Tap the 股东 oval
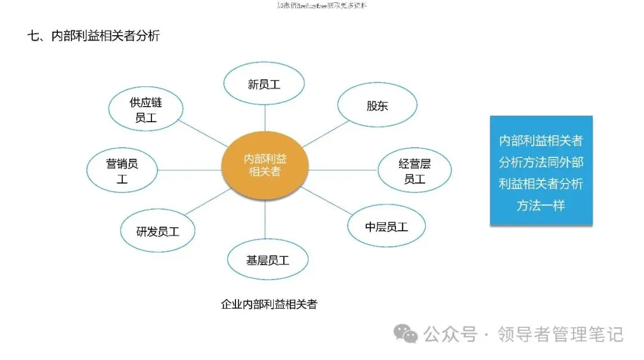tap(377, 105)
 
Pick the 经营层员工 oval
tap(414, 170)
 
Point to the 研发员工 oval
tap(157, 231)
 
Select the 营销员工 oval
tap(122, 170)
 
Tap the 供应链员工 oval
tap(145, 110)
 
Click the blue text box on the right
tap(541, 170)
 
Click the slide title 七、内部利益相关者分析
tap(94, 36)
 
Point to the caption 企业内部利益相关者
tap(269, 305)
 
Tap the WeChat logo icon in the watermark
tap(409, 334)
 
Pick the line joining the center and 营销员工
tap(189, 170)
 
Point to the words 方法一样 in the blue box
tap(541, 206)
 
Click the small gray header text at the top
tap(322, 5)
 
